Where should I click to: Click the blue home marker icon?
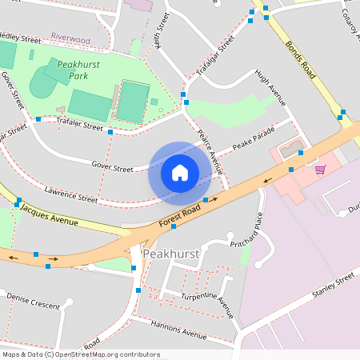(x=180, y=172)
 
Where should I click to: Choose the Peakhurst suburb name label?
(x=170, y=254)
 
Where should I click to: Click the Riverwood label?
(x=70, y=38)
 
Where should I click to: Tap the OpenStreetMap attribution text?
(x=80, y=354)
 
